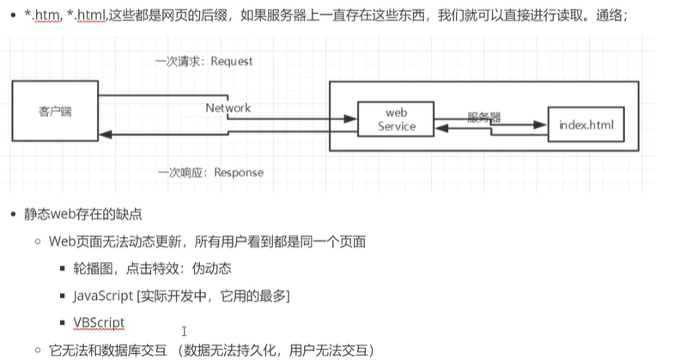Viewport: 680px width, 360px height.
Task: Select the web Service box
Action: pyautogui.click(x=395, y=119)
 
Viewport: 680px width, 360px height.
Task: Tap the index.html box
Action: pyautogui.click(x=586, y=125)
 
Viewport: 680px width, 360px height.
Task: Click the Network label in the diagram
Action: pyautogui.click(x=228, y=108)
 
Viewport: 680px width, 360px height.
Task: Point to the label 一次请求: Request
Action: pyautogui.click(x=204, y=62)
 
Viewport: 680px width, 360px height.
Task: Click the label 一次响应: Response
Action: pyautogui.click(x=210, y=172)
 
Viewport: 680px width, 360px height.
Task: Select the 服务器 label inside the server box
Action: pyautogui.click(x=484, y=116)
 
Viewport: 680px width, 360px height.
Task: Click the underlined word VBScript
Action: pyautogui.click(x=99, y=322)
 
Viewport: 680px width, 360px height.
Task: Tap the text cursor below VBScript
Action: pyautogui.click(x=184, y=331)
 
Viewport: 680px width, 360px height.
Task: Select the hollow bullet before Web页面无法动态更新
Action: pyautogui.click(x=38, y=241)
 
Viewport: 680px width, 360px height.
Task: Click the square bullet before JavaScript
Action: pyautogui.click(x=64, y=296)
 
